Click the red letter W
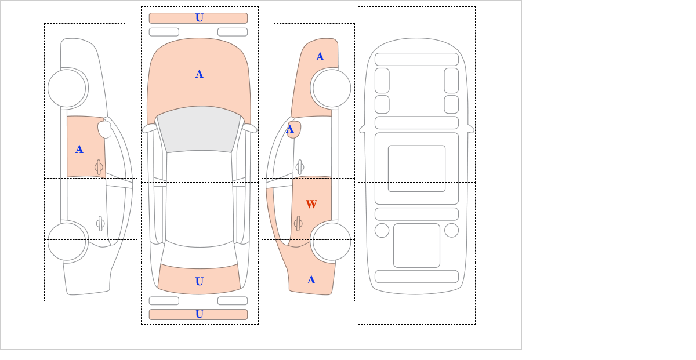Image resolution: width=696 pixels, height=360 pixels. [311, 204]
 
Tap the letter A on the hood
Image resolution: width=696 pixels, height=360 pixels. [200, 74]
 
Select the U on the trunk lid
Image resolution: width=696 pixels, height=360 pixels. [200, 281]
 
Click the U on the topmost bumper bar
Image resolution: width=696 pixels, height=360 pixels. [200, 18]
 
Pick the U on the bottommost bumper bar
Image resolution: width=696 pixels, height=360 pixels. [200, 314]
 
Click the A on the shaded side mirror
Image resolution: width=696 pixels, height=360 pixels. [290, 129]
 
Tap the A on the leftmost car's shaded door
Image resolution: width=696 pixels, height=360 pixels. [79, 150]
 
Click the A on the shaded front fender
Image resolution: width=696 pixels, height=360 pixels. [320, 57]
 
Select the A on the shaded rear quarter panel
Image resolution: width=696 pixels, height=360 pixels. [311, 280]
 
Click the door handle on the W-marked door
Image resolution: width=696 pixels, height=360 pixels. [298, 223]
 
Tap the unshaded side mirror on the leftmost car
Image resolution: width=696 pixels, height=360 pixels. [104, 129]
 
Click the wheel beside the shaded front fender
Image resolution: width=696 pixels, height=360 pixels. [332, 88]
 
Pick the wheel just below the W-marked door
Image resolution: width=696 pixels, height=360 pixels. [332, 241]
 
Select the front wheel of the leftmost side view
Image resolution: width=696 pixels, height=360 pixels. [67, 88]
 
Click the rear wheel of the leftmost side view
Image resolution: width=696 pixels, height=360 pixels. [67, 241]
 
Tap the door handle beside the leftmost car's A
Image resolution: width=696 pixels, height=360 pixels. [99, 167]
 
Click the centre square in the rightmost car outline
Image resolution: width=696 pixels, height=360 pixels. [416, 168]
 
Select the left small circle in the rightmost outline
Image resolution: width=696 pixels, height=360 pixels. [382, 231]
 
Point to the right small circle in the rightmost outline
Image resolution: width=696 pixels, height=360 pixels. [451, 231]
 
